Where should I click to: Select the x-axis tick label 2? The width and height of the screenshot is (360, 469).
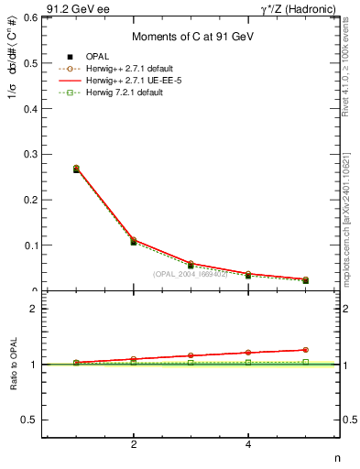click(x=134, y=445)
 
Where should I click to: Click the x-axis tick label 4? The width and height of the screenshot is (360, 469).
click(x=248, y=445)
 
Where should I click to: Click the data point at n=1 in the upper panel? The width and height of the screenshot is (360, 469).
click(x=76, y=169)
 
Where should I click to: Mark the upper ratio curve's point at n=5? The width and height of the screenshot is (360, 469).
click(x=306, y=350)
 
